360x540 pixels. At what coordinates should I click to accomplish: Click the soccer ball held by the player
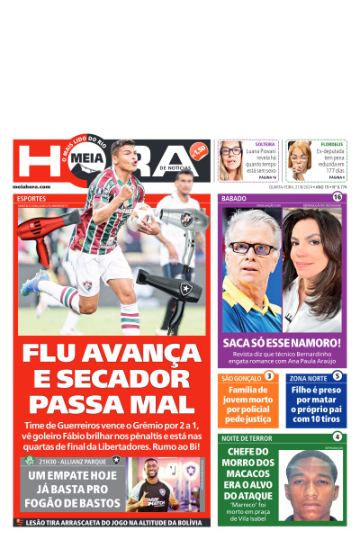pyautogui.click(x=140, y=215)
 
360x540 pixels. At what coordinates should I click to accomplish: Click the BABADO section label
pyautogui.click(x=234, y=197)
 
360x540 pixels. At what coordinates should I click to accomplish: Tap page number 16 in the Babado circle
pyautogui.click(x=337, y=197)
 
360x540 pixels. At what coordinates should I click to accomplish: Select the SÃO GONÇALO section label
pyautogui.click(x=240, y=377)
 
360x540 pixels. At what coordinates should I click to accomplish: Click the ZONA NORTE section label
pyautogui.click(x=306, y=377)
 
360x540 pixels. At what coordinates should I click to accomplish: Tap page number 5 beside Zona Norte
pyautogui.click(x=337, y=376)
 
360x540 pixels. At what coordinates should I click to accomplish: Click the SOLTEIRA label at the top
pyautogui.click(x=265, y=144)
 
